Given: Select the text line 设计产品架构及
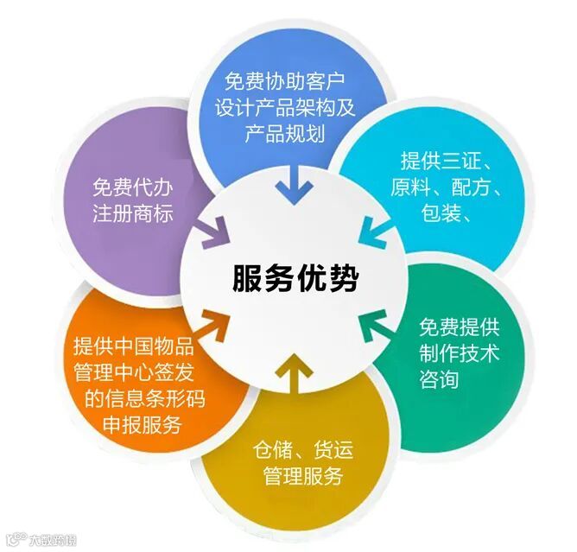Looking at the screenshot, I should [284, 109].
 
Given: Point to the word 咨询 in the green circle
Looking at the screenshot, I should [439, 379].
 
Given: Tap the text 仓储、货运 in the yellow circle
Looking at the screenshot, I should [302, 450].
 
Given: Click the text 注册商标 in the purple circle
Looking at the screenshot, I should [133, 212].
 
